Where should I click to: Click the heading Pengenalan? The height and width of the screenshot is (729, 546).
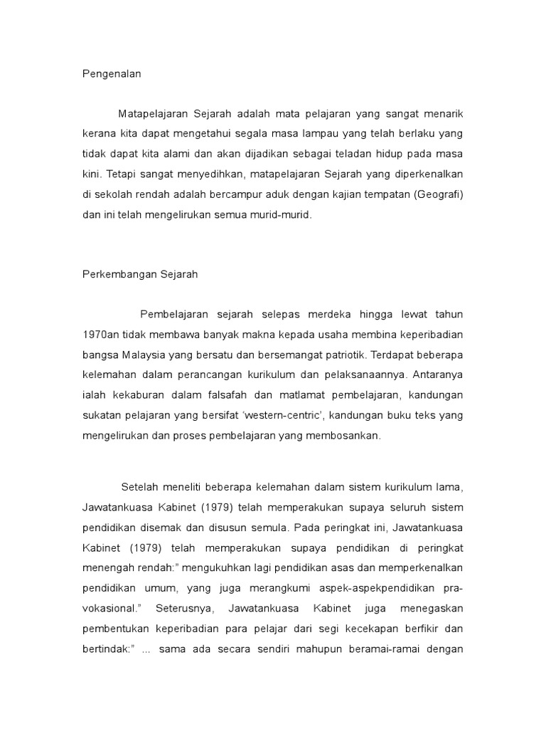112,73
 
